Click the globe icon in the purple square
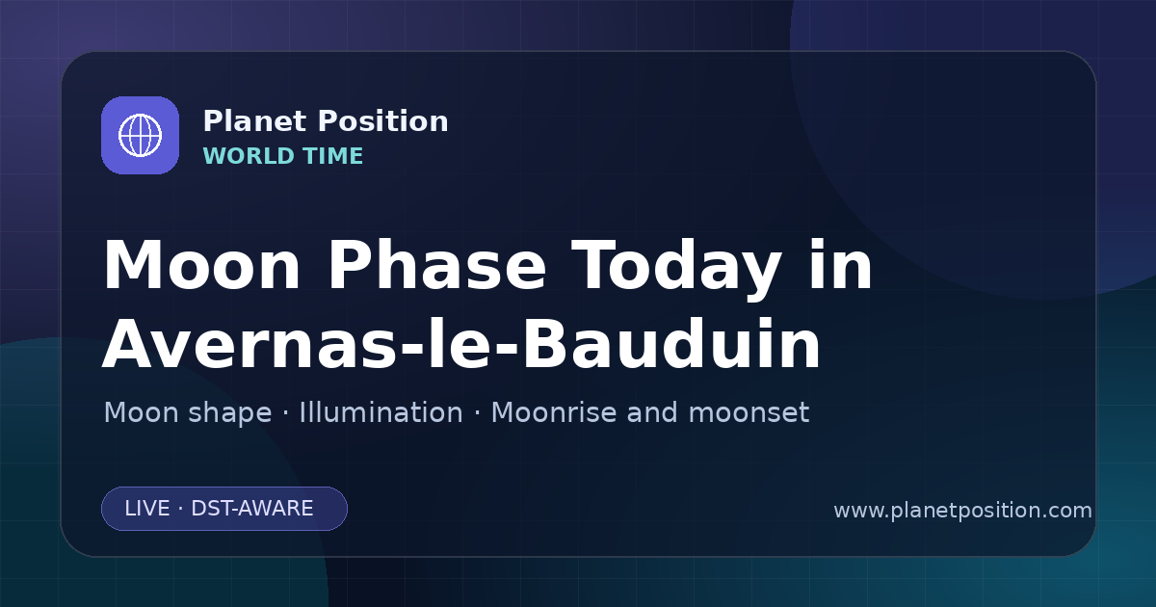[140, 135]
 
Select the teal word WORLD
[249, 156]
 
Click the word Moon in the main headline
[201, 265]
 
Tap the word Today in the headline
[676, 269]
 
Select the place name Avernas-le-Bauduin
[461, 344]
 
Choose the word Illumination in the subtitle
[381, 412]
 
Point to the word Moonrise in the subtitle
[559, 412]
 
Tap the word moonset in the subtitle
[749, 413]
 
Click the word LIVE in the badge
[147, 509]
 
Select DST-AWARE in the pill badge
[252, 509]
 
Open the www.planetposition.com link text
[963, 511]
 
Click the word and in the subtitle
[652, 412]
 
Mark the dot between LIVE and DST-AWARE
[181, 509]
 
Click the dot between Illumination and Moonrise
[477, 413]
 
